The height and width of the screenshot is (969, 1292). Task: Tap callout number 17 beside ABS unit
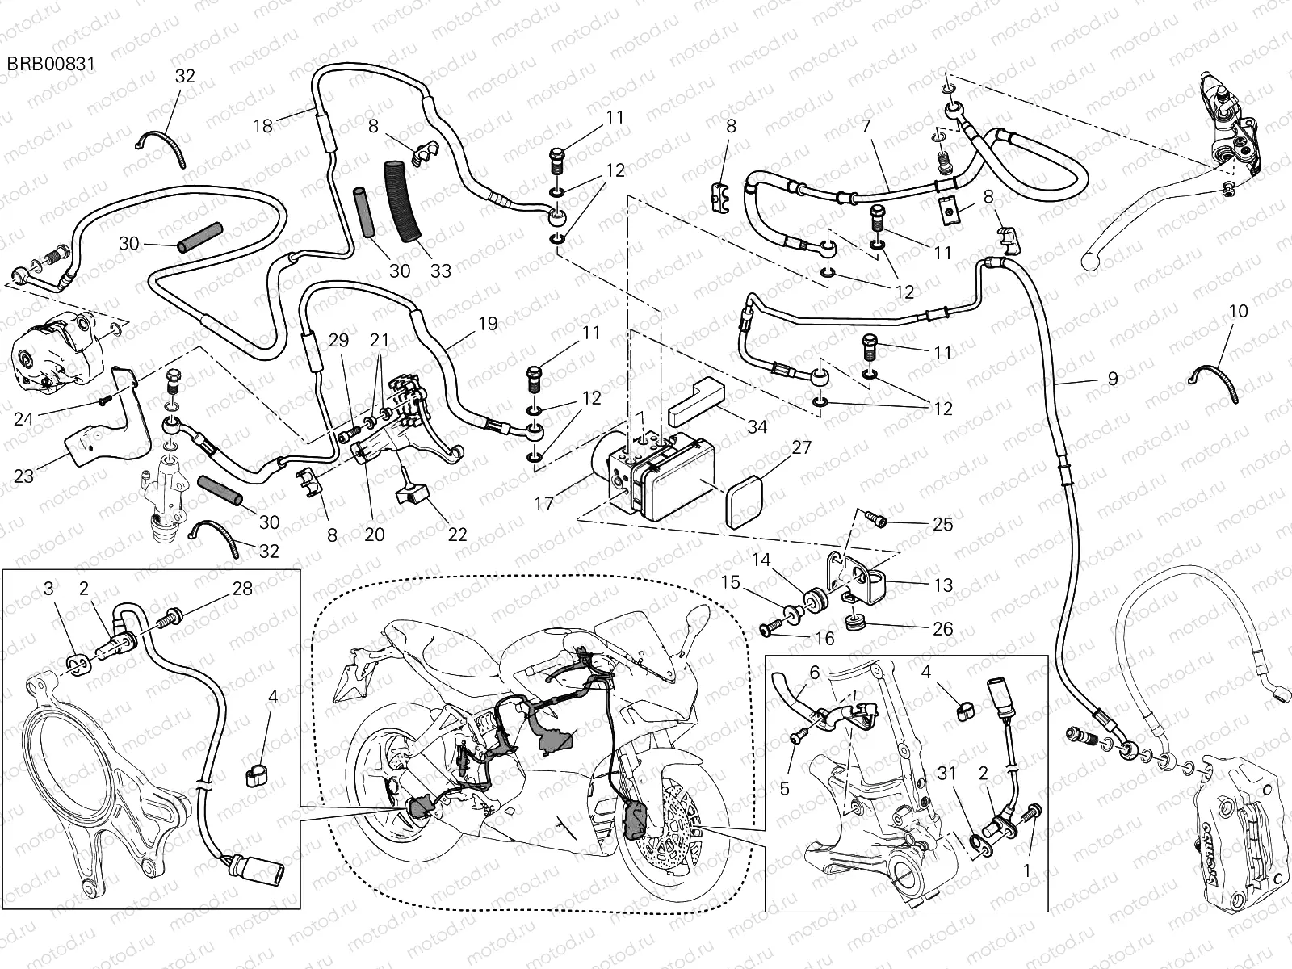[544, 503]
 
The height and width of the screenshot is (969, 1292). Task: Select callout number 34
[757, 427]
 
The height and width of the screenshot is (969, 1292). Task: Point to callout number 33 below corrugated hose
[440, 271]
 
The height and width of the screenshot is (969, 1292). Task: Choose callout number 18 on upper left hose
[263, 125]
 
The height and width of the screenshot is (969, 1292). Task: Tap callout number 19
[487, 325]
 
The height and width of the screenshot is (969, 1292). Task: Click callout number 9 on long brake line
[1113, 378]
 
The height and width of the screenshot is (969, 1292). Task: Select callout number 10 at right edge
[1238, 311]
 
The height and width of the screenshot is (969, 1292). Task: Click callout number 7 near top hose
[866, 127]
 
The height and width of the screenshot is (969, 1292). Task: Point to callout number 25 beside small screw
[942, 524]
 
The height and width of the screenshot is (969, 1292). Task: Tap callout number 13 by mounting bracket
[942, 585]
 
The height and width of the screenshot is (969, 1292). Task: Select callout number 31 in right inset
[947, 774]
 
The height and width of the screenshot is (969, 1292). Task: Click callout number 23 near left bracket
[24, 476]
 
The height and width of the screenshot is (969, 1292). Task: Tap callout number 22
[457, 535]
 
